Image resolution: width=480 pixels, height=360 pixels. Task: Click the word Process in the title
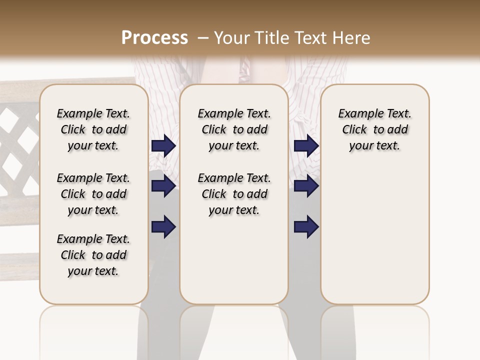(x=154, y=38)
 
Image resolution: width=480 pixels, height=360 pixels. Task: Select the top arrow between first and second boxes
(x=163, y=146)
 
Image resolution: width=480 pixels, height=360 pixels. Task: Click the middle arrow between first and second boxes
(x=163, y=186)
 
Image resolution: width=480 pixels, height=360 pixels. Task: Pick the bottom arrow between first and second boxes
(x=163, y=227)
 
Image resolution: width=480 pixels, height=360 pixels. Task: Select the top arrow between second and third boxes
(x=306, y=146)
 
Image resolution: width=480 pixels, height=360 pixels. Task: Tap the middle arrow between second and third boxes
(x=306, y=186)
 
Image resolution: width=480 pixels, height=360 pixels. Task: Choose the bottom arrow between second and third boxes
(x=306, y=227)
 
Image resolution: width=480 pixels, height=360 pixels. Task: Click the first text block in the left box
(x=93, y=129)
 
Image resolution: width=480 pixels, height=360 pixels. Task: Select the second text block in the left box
(x=93, y=194)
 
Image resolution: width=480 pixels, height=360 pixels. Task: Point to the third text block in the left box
(x=93, y=255)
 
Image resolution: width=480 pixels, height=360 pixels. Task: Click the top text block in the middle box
(x=234, y=129)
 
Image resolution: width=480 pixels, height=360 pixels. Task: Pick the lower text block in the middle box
(x=234, y=194)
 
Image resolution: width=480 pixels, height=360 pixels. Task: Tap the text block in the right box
(x=374, y=129)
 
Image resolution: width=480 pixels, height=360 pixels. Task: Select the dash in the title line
(x=203, y=38)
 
